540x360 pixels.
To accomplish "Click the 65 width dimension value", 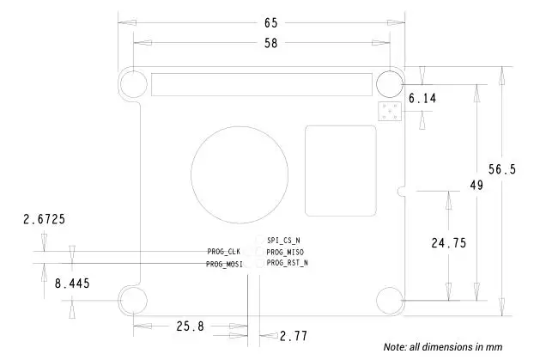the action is pyautogui.click(x=270, y=23).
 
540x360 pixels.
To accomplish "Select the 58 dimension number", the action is pyautogui.click(x=270, y=44).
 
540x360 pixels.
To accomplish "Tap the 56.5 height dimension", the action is pyautogui.click(x=502, y=169).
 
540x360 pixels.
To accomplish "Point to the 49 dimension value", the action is pyautogui.click(x=476, y=186).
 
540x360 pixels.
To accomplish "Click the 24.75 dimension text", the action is pyautogui.click(x=449, y=243).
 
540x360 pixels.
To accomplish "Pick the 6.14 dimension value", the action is pyautogui.click(x=422, y=99).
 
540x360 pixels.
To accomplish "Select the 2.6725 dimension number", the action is pyautogui.click(x=44, y=219).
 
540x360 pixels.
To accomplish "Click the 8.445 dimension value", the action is pyautogui.click(x=72, y=284).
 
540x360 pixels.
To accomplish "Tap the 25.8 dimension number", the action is pyautogui.click(x=190, y=326).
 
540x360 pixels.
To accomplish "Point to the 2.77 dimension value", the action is pyautogui.click(x=294, y=336).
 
